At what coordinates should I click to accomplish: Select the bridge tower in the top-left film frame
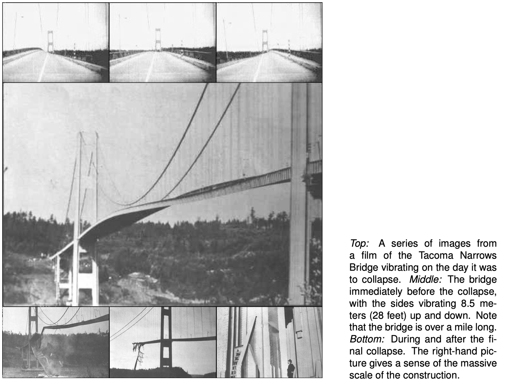50,41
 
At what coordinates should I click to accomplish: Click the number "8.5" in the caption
466,304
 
